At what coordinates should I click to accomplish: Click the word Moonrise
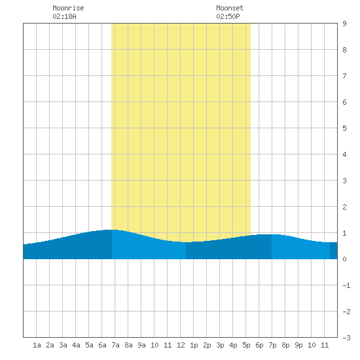68,8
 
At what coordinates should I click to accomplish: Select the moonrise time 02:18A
64,16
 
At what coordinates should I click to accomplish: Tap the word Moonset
230,8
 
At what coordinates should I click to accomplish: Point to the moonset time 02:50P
228,16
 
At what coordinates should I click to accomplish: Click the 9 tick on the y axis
344,24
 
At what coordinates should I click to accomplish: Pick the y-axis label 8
344,50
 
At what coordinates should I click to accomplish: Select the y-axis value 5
344,128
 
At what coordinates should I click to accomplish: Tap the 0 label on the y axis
344,259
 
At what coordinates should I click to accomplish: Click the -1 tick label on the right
346,285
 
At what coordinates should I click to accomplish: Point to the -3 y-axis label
346,338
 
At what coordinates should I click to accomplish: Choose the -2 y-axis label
346,312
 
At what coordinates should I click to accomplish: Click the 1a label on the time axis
37,345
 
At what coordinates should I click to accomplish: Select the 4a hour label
76,345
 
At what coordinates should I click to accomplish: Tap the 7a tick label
115,345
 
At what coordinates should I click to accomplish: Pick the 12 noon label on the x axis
181,345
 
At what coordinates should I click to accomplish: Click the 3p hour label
220,345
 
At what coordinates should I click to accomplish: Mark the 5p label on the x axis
246,345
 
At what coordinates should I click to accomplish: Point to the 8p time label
285,345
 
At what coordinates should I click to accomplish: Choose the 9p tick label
298,345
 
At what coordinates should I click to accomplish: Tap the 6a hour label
102,345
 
